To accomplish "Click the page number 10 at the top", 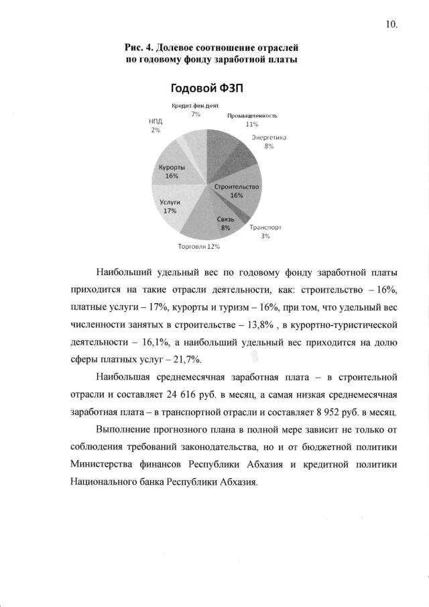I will (391, 25).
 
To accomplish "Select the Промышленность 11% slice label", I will (252, 120).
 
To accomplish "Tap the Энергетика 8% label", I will (269, 142).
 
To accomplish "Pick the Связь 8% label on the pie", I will (226, 224).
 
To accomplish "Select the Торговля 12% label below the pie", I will (199, 246).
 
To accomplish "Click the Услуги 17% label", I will (170, 205).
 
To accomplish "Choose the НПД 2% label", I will (156, 125).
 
